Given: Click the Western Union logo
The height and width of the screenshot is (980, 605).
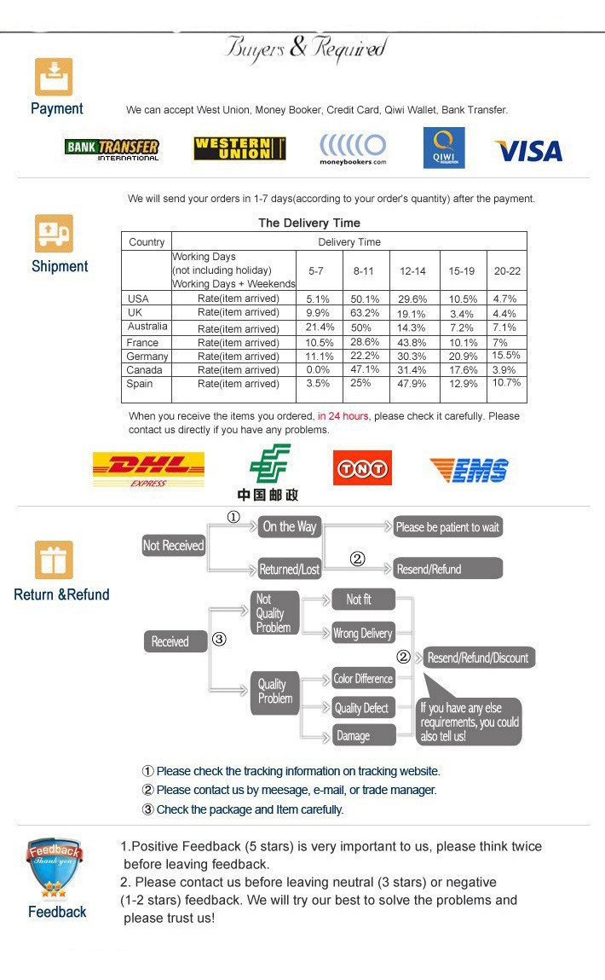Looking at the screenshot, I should coord(239,148).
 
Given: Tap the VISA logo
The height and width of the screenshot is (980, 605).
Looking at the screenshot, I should coord(528,151).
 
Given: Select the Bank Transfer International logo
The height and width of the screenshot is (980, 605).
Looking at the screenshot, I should coord(112,149).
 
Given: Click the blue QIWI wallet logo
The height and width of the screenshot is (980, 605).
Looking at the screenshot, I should coord(444,148).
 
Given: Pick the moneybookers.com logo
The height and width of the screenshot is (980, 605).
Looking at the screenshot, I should coord(353,149).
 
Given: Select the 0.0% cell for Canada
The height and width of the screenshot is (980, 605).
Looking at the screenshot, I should coord(318,370).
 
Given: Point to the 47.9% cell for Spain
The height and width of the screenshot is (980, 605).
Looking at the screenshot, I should coord(412,384).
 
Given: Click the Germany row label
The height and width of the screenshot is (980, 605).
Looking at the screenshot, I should coord(147,357).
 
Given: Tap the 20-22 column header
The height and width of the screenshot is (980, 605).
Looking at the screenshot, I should coord(507,270).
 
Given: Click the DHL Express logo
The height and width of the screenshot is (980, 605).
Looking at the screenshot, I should coord(148,468).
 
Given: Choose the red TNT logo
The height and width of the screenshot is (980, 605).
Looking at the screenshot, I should coord(362,467).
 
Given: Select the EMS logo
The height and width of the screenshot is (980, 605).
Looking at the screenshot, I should coord(469,470).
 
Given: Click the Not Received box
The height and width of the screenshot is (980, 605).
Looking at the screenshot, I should coord(174,546).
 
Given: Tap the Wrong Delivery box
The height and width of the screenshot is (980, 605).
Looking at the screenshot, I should coord(363,634).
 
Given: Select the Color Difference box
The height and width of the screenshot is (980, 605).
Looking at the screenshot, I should coord(363,679).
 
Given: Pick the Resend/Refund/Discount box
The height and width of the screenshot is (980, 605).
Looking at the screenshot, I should coord(479,658).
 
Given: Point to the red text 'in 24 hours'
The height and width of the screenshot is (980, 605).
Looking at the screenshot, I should coord(343,416).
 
